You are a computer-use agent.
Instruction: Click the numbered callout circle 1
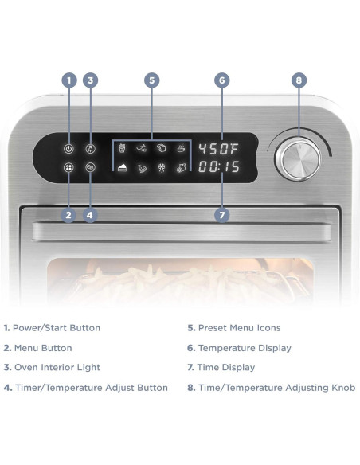[68, 80]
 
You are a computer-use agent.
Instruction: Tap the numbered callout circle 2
[68, 215]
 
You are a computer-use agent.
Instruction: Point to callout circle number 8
[299, 80]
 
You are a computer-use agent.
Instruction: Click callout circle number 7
[222, 215]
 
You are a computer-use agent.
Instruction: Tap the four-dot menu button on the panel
[68, 168]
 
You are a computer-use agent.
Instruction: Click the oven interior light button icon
[90, 149]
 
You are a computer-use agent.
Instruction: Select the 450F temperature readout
[219, 149]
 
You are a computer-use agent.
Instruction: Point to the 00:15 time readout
[219, 168]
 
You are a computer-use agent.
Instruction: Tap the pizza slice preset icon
[143, 168]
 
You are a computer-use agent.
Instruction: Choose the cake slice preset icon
[122, 167]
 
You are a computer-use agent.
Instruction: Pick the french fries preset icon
[122, 148]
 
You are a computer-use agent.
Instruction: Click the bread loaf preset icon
[162, 148]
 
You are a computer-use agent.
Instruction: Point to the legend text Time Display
[226, 368]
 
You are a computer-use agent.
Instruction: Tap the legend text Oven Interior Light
[55, 368]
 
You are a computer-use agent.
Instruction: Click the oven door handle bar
[181, 232]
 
